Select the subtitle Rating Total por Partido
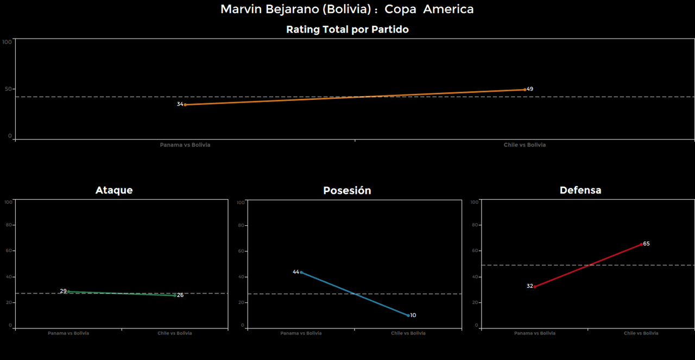347,30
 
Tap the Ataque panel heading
114,190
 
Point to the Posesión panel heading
347,191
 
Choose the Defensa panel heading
580,190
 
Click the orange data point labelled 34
185,105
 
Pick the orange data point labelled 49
525,90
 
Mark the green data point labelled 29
68,292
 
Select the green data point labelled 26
175,295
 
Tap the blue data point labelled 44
301,272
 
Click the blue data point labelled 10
408,315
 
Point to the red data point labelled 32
535,287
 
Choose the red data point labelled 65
641,244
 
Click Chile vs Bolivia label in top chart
525,145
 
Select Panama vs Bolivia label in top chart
185,145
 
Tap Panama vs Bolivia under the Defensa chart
535,333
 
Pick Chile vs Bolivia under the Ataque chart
175,333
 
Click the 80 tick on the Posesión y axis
241,225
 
